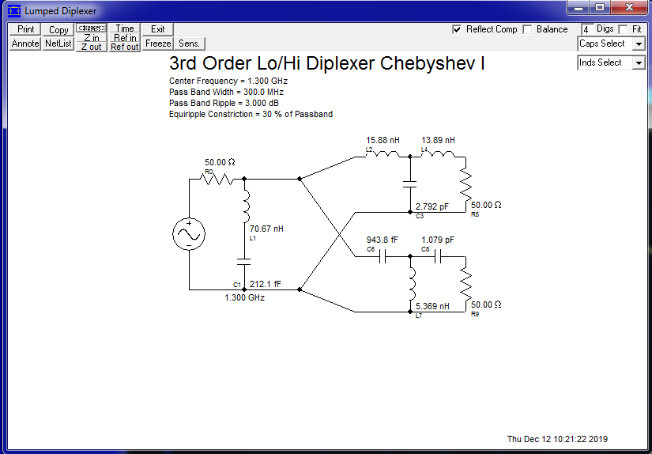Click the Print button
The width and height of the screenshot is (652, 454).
pos(25,29)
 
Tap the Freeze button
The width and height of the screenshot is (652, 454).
pos(158,44)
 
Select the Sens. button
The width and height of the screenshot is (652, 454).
pos(190,44)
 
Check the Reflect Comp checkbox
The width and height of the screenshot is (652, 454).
pos(457,29)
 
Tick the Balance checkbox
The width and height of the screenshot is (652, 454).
pos(528,29)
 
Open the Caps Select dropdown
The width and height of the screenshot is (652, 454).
pos(612,44)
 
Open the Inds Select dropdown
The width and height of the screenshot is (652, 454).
pos(612,62)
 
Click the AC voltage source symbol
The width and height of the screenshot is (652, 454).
pos(190,234)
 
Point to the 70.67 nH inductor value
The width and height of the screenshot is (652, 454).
pos(266,229)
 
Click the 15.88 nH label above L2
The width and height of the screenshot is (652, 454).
pos(383,140)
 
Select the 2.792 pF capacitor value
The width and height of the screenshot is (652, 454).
pos(432,206)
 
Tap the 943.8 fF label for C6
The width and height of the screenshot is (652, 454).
pos(383,240)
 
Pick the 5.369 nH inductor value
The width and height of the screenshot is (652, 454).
pos(432,306)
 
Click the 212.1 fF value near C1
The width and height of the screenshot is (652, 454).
pos(265,284)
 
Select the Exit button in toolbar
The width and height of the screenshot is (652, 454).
pos(158,29)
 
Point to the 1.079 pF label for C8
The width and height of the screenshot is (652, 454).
pos(438,240)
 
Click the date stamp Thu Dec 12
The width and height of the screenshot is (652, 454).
pos(557,439)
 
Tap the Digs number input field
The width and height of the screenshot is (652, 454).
pos(586,29)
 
